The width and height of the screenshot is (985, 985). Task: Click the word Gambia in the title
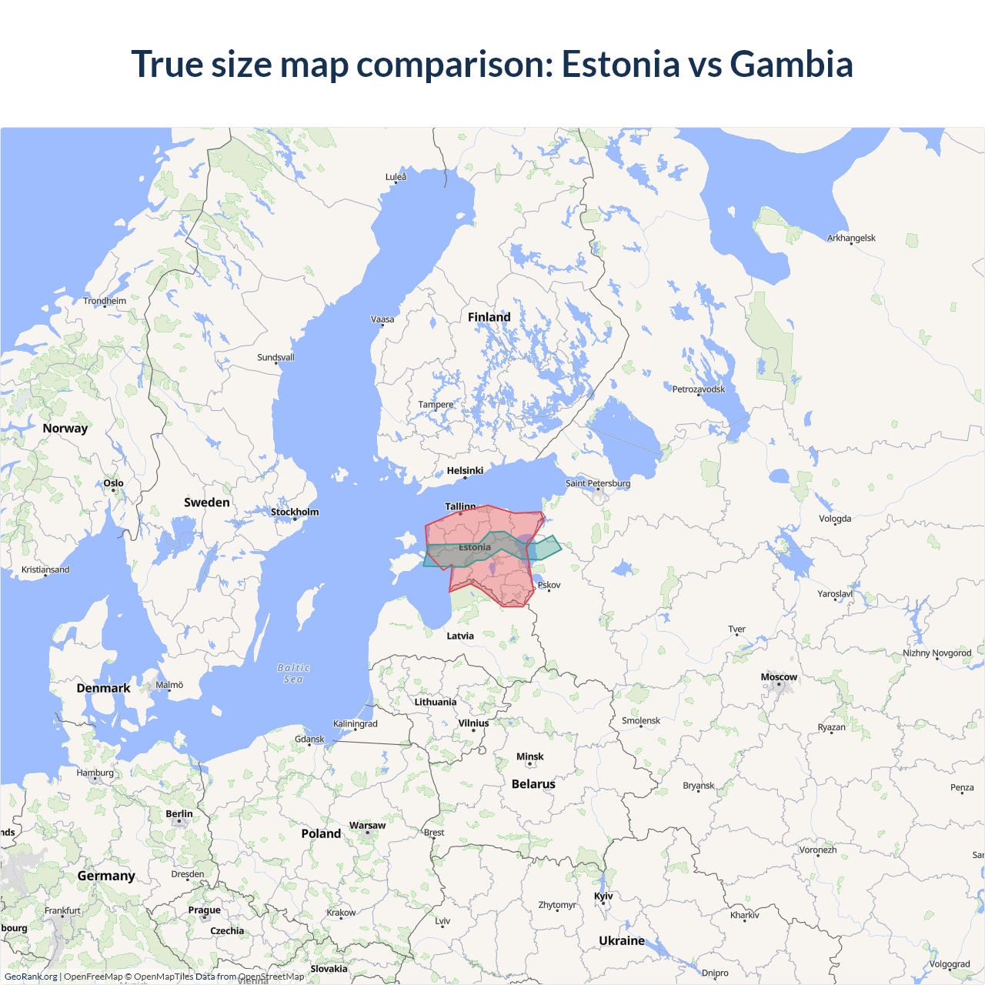coord(791,64)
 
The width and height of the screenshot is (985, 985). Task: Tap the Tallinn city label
coord(460,506)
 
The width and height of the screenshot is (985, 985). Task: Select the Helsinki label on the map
coord(465,470)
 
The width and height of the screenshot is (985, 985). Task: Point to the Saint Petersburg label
coord(598,483)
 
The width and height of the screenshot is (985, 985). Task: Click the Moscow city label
coord(779,677)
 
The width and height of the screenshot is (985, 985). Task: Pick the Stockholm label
coord(295,512)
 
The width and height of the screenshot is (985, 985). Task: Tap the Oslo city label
coord(113,483)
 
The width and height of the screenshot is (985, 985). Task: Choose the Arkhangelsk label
coord(851,238)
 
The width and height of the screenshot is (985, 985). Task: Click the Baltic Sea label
coord(293,673)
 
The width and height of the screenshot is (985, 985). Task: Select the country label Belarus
coord(533,784)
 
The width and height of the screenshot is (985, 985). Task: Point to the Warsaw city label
coord(367,826)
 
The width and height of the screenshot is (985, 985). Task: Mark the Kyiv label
coord(603,896)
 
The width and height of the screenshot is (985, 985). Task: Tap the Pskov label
coord(549,585)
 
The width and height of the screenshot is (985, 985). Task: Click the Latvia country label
coord(460,636)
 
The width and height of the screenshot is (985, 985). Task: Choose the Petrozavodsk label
coord(699,389)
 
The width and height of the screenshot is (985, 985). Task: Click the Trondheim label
coord(105,301)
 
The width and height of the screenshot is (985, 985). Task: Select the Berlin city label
coord(179,814)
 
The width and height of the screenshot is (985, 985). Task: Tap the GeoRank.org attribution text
coord(31,977)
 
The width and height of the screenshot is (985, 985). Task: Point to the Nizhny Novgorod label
coord(937,653)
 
